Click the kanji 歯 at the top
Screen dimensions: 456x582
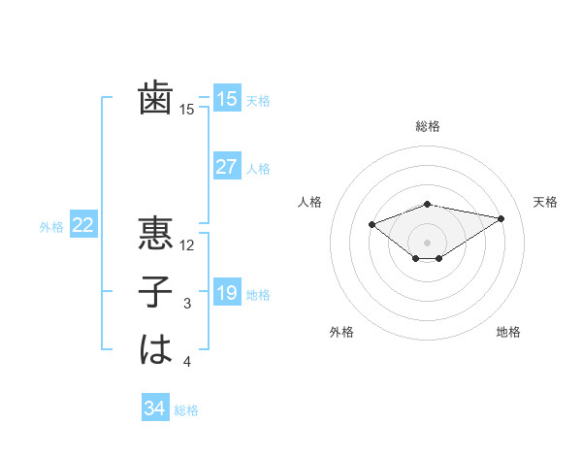coord(155,99)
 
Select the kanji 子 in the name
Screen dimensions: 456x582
coord(155,292)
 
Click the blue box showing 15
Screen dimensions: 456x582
coord(226,99)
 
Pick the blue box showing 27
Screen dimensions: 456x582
coord(226,167)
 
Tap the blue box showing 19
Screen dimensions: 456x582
coord(226,293)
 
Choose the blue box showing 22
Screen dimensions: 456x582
coord(83,226)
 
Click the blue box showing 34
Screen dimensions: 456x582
coord(154,408)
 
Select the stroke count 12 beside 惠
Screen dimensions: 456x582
coord(188,245)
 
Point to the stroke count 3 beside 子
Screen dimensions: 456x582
coord(187,304)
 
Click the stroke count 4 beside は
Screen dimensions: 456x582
coord(187,362)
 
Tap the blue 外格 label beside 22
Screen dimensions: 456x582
coord(51,227)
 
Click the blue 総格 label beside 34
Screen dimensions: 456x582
coord(186,410)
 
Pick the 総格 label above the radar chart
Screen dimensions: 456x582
coord(427,126)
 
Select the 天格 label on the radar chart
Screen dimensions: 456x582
coord(545,202)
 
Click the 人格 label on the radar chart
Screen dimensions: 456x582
coord(309,202)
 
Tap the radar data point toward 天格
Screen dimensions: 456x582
coord(501,218)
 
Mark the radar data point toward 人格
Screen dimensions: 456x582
coord(372,224)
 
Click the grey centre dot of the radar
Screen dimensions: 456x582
coord(427,242)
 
